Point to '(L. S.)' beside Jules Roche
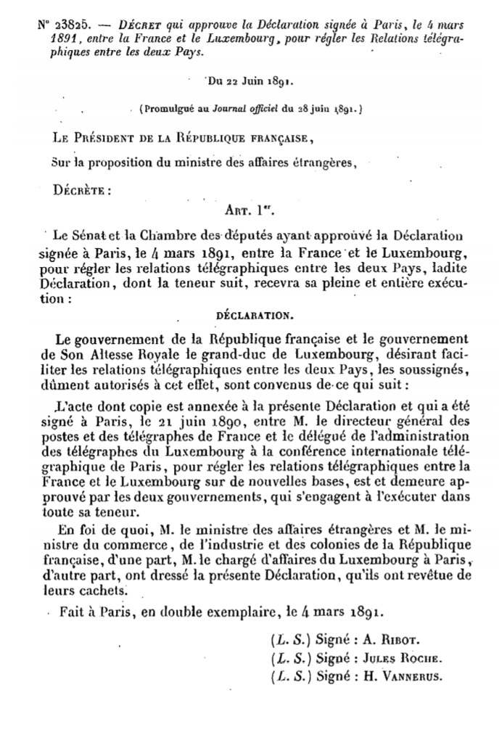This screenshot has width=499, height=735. (289, 660)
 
